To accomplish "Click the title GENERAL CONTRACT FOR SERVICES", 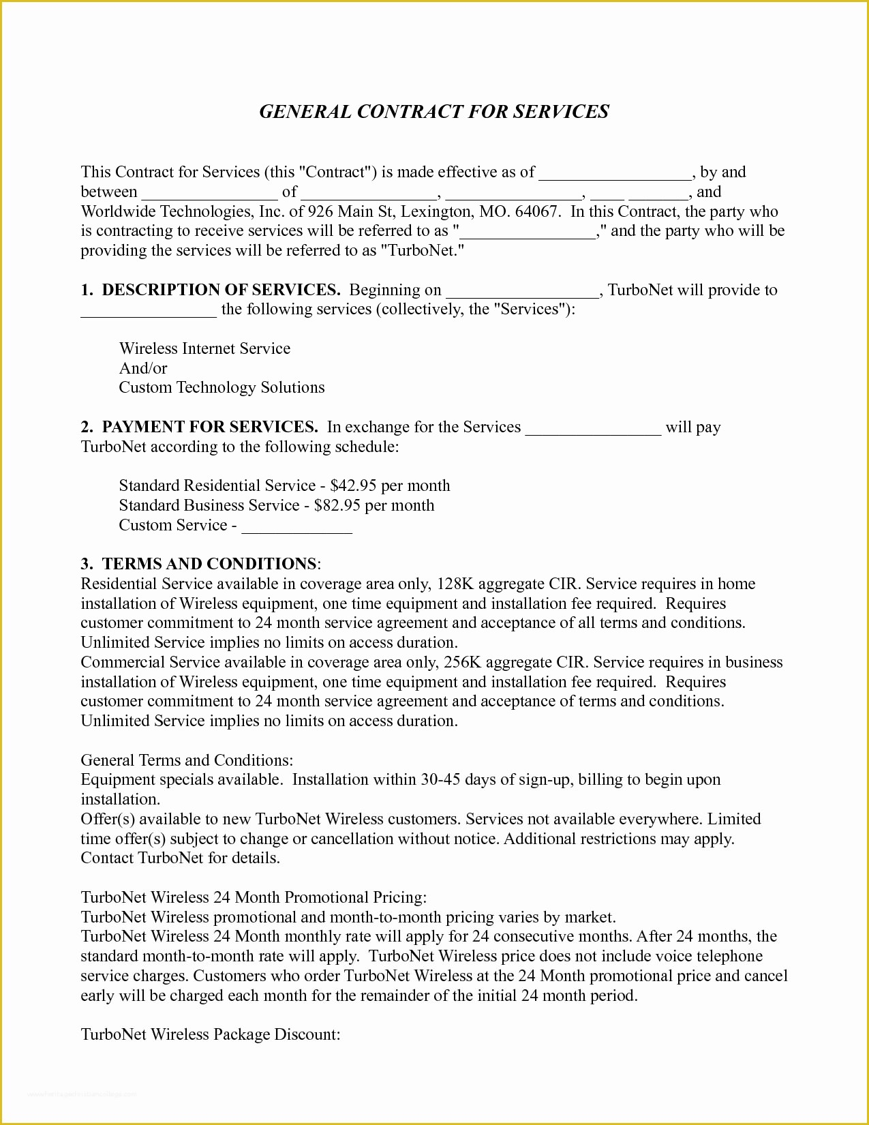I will (x=434, y=112).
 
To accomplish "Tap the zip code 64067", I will (x=538, y=211).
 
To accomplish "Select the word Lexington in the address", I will (x=436, y=211).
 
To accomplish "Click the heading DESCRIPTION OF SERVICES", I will (x=221, y=290).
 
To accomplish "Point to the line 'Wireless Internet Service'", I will (x=204, y=348).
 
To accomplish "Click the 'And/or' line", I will (x=143, y=368).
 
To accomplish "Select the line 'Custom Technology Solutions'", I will (x=222, y=387).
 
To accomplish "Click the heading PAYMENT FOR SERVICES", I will (x=210, y=427).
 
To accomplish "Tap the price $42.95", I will (x=353, y=485).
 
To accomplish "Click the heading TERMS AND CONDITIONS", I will (x=209, y=564).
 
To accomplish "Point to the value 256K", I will (x=462, y=662).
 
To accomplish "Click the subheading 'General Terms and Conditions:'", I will (x=187, y=760).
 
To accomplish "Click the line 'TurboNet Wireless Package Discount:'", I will (x=211, y=1034).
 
